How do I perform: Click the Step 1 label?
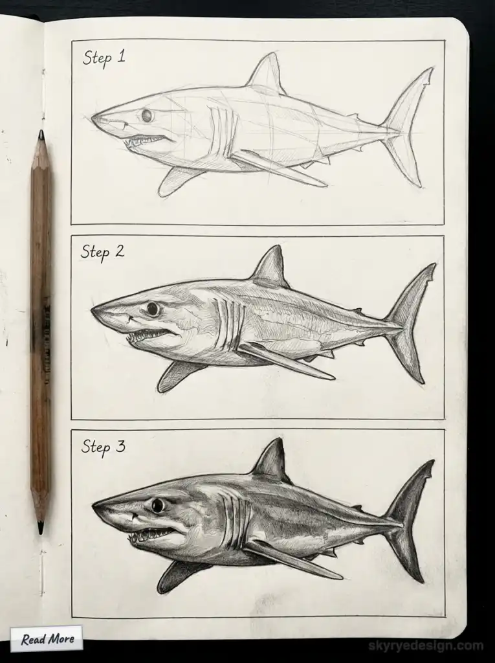[104, 58]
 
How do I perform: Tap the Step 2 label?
[102, 252]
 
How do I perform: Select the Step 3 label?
[104, 447]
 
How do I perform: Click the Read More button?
[47, 639]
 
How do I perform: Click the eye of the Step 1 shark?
[147, 115]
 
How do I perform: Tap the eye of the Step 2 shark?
[153, 309]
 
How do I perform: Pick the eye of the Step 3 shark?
[157, 505]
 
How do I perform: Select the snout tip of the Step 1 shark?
[94, 118]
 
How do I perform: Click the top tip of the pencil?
[41, 135]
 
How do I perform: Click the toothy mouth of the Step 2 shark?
[149, 336]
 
